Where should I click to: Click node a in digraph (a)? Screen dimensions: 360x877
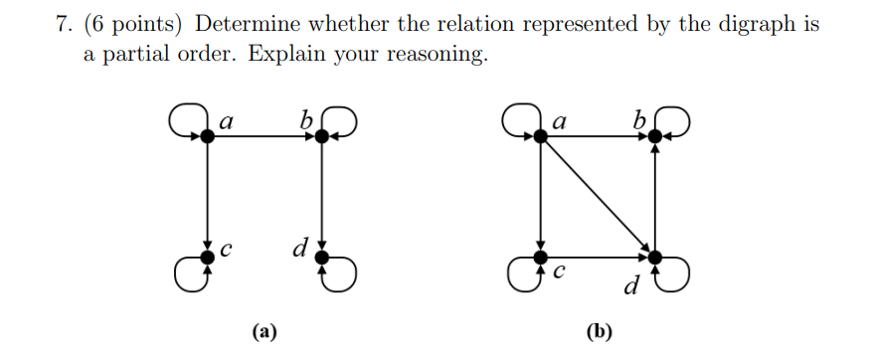207,136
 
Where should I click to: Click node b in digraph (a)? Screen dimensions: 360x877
320,136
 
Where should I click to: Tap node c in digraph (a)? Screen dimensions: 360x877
207,258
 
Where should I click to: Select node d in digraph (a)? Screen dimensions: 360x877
320,258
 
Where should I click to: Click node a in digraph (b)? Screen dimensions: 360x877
541,136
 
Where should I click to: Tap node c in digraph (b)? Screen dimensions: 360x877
541,258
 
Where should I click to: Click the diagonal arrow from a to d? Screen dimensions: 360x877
597,196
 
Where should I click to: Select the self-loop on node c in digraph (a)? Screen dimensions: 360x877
186,270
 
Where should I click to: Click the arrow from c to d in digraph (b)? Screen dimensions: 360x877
597,258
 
